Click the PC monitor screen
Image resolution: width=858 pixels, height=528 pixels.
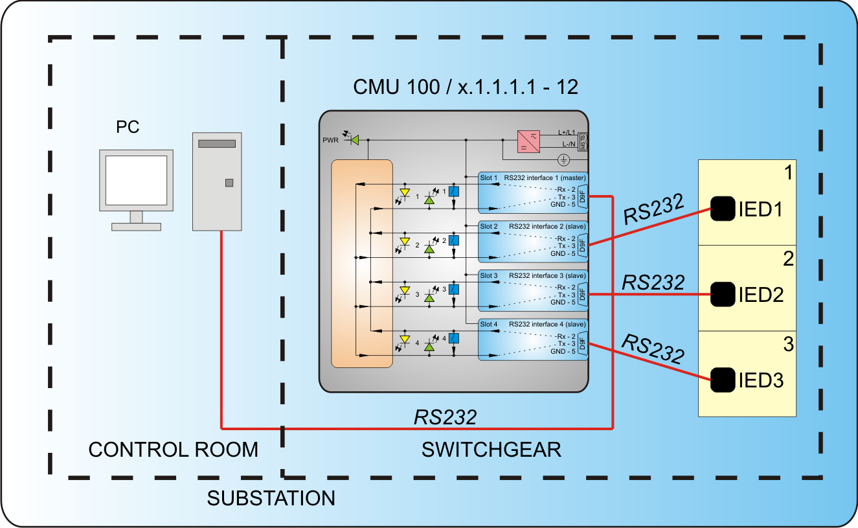136,180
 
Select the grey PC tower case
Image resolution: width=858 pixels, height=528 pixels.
217,181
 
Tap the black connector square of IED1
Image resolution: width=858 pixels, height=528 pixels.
723,209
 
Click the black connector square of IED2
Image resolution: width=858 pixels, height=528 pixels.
723,294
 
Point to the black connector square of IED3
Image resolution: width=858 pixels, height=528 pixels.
723,380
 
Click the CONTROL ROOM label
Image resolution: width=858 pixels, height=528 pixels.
173,450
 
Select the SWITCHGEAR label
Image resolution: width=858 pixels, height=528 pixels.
491,450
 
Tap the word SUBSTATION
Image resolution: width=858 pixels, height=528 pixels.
271,498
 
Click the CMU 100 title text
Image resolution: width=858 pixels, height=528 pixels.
466,87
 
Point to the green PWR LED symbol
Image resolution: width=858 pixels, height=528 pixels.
354,139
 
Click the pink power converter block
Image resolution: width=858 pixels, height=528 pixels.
528,141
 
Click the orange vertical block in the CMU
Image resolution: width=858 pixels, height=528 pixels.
362,264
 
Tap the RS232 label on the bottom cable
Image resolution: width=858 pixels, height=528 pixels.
446,417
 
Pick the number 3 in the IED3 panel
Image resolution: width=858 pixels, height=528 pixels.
787,344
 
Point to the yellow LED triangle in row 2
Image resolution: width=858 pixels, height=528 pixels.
405,241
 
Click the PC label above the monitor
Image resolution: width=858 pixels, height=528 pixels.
128,127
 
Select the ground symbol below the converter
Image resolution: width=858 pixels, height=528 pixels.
563,159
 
